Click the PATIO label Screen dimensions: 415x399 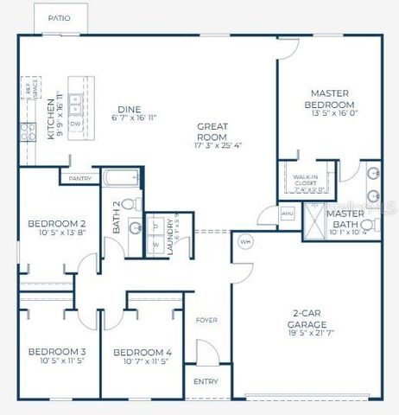click(x=58, y=17)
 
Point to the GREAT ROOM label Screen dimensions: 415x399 click(x=211, y=131)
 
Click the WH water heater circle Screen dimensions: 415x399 click(x=244, y=241)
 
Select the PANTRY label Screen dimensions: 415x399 click(x=79, y=179)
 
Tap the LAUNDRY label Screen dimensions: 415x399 click(x=169, y=233)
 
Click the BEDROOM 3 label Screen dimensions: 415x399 click(x=56, y=352)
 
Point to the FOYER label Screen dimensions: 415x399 click(x=206, y=318)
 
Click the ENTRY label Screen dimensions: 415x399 click(x=206, y=380)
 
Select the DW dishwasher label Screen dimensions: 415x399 click(x=75, y=123)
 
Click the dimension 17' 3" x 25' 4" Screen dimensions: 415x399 click(x=211, y=146)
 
